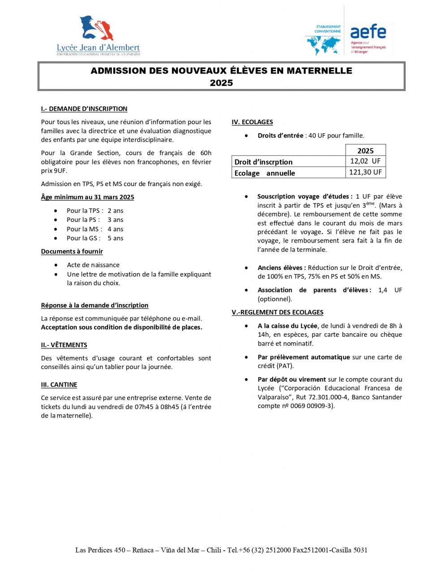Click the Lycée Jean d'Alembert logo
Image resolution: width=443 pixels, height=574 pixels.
coord(98,35)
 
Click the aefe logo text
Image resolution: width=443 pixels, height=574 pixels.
coord(368,31)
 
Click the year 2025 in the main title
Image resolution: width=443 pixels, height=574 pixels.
coord(221,83)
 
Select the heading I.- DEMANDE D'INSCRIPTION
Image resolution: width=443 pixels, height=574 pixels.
coord(84,109)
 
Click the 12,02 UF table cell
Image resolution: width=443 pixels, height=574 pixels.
coord(365,161)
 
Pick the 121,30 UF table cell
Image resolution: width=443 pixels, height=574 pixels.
coord(365,173)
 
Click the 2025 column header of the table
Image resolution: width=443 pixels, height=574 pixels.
coord(365,151)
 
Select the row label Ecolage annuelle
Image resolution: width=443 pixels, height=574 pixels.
coord(265,173)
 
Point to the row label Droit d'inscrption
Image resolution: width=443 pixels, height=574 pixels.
coord(263,162)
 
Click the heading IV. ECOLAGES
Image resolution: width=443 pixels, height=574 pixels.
coord(252,122)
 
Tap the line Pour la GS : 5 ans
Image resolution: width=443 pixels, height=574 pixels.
coord(95,239)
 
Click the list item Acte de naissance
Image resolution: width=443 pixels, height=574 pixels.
coord(93,265)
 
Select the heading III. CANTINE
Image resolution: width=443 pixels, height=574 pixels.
coord(59,385)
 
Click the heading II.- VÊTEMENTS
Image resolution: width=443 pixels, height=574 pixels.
coord(64,345)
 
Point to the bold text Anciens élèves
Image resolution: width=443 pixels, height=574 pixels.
coord(281,268)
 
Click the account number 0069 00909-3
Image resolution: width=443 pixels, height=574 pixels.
coord(311,406)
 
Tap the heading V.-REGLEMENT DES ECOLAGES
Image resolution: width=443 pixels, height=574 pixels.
coord(277,312)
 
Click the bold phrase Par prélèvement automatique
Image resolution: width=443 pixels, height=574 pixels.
coord(304,357)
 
